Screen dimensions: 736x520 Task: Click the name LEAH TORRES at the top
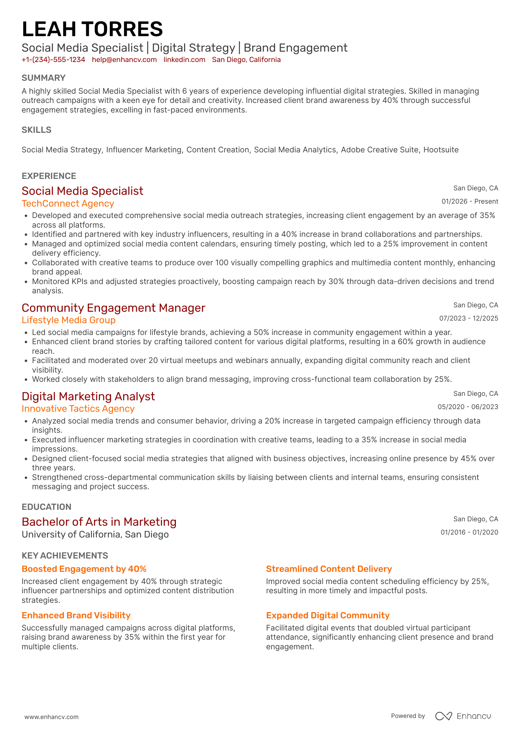[x=92, y=29]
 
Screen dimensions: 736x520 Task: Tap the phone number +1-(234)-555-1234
[x=53, y=60]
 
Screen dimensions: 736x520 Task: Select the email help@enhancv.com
[x=124, y=60]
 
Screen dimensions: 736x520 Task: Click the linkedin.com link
[x=184, y=60]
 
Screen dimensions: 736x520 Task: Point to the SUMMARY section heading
[x=44, y=78]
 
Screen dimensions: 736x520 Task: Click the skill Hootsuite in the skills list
[x=441, y=150]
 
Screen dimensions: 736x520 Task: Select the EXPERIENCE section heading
[x=49, y=176]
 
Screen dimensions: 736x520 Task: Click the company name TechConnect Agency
[x=68, y=204]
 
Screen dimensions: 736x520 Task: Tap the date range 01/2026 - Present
[x=469, y=201]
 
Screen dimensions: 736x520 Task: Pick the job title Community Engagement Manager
[x=113, y=308]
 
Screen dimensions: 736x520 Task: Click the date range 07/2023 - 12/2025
[x=468, y=318]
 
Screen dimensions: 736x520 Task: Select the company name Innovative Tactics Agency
[x=78, y=409]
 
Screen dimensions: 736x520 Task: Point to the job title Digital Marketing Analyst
[x=88, y=396]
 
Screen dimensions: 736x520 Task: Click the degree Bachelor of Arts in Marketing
[x=99, y=522]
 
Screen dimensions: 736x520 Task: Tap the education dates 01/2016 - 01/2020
[x=469, y=532]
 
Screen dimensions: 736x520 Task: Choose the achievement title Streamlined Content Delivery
[x=329, y=569]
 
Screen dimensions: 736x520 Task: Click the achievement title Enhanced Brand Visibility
[x=76, y=615]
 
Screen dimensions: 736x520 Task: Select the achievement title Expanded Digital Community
[x=327, y=615]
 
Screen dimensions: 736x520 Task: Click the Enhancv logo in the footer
[x=463, y=716]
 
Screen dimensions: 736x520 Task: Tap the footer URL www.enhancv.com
[x=52, y=717]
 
